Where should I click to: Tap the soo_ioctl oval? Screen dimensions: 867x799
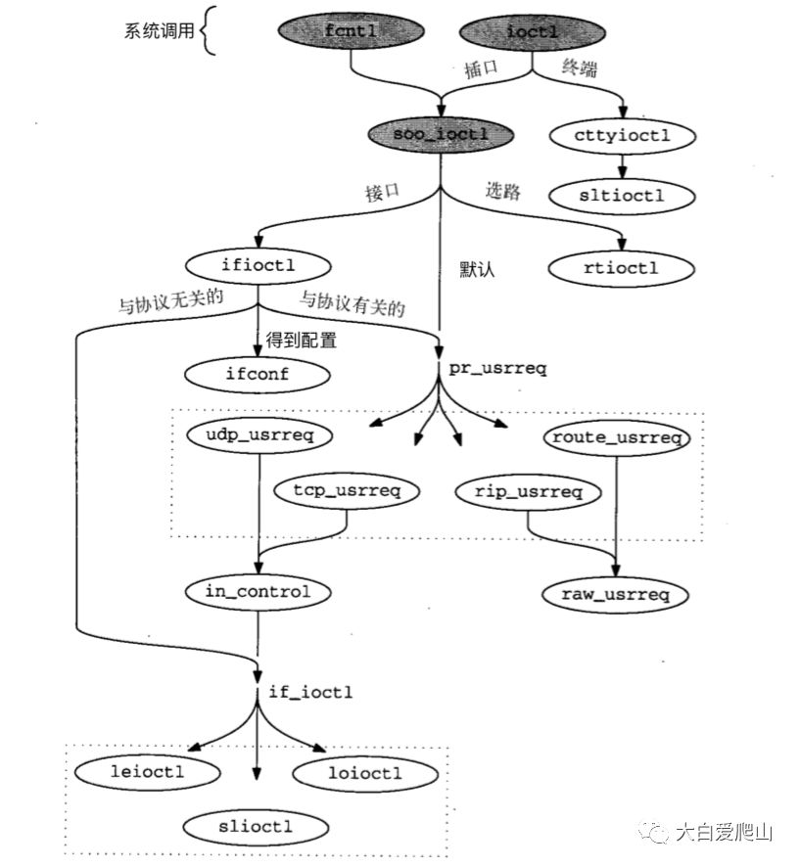tap(440, 133)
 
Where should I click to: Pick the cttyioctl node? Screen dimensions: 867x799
tap(624, 135)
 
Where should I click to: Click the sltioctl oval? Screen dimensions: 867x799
tap(622, 195)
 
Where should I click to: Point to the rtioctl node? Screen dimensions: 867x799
tap(622, 266)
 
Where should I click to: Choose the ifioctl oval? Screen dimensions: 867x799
tap(257, 264)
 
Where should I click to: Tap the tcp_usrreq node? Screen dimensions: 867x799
tap(348, 490)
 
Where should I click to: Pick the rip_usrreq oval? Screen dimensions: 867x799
tap(529, 490)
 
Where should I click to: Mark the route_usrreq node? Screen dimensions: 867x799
tap(616, 437)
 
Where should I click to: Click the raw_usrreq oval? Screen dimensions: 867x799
tap(614, 593)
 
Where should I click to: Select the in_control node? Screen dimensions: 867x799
tap(258, 591)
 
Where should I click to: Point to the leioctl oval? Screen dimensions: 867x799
tap(146, 772)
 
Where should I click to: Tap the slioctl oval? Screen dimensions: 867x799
tap(256, 827)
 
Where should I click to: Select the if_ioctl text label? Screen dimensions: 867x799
tap(310, 692)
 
